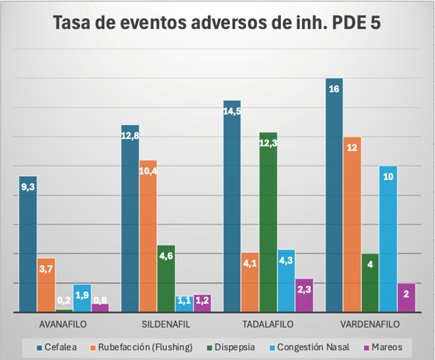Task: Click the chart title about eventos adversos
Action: click(216, 23)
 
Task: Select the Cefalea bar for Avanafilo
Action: click(28, 249)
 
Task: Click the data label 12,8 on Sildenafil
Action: click(130, 135)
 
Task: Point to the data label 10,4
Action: click(148, 171)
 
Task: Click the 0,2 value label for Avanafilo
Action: click(64, 300)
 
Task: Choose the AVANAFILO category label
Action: click(64, 324)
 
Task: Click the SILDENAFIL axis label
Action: click(166, 324)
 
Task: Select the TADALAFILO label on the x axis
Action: click(268, 324)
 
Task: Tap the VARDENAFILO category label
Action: click(370, 324)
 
